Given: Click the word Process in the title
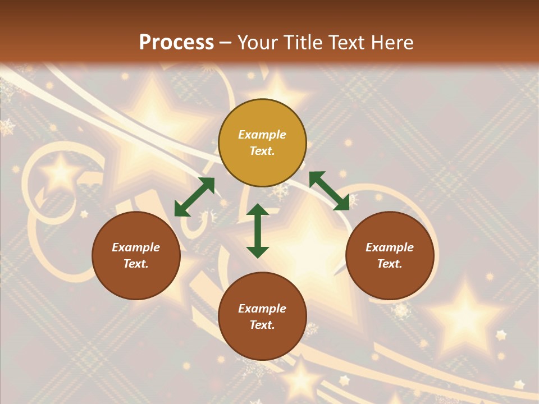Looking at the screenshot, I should tap(176, 43).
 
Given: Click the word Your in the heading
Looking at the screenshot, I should tap(259, 43).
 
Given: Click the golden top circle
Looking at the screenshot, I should tap(262, 143).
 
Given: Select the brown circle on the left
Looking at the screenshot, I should tap(136, 255).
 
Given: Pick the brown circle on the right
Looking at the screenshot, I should tap(390, 255).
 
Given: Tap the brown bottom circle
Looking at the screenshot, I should tap(262, 316).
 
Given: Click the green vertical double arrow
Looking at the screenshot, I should tap(258, 231).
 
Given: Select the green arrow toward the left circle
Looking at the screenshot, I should tap(194, 196).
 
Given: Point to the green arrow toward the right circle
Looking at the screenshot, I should tap(329, 191).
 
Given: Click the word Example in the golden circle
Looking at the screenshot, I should tap(262, 135).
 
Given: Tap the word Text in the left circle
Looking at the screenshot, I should tap(136, 264).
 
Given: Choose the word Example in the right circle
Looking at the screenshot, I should tap(390, 247).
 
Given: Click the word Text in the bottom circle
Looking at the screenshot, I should tap(262, 325).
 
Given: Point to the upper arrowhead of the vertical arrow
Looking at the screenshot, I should tap(258, 211).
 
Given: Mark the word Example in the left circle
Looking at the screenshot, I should tap(136, 247).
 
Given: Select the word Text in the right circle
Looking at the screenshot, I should tap(390, 264).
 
